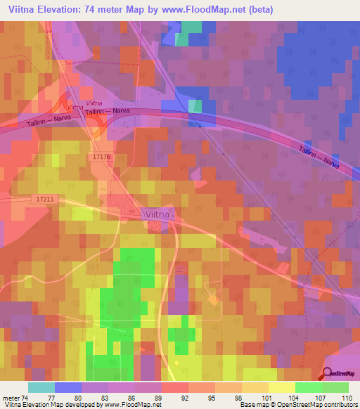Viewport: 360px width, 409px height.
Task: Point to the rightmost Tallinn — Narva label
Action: click(319, 156)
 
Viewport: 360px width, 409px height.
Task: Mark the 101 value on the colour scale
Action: click(269, 397)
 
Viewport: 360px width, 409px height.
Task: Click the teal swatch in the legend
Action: click(41, 387)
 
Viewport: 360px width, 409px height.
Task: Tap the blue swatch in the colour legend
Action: click(68, 387)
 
